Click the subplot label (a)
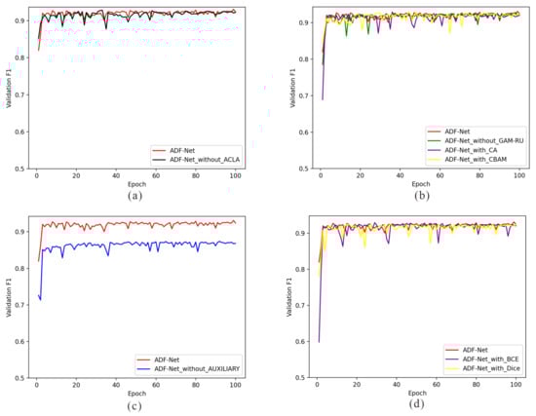(x=135, y=195)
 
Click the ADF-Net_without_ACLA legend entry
(x=203, y=159)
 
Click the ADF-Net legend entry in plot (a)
(x=179, y=149)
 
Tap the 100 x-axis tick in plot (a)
(x=235, y=175)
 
